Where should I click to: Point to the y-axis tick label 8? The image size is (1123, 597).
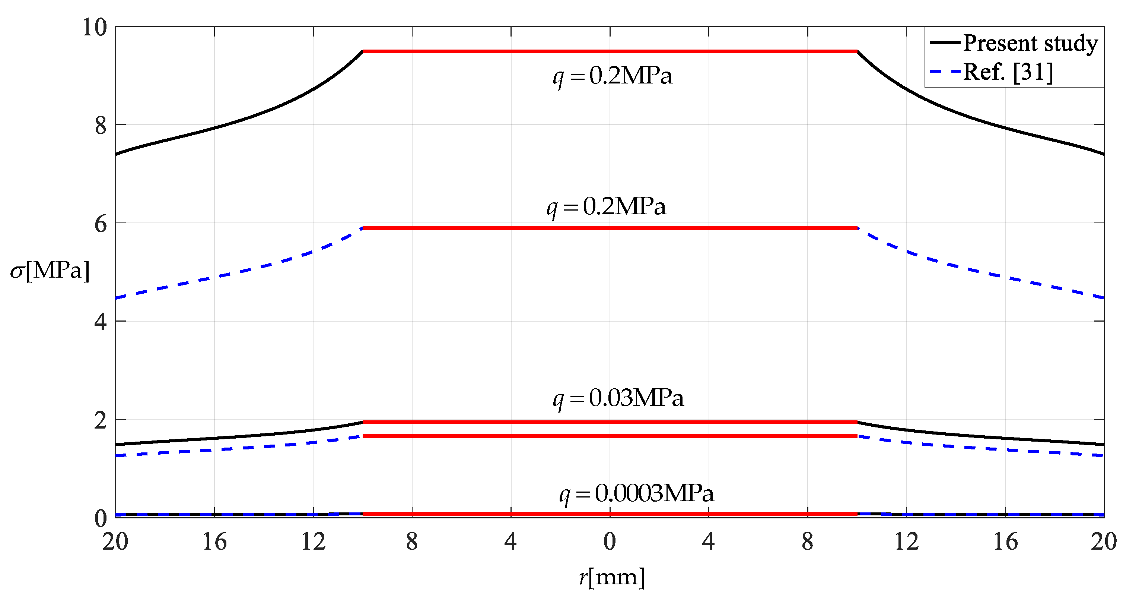pos(101,126)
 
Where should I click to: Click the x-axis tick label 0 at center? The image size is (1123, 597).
pos(610,541)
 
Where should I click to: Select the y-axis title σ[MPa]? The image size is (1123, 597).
pos(50,271)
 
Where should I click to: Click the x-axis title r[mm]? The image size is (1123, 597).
pos(612,577)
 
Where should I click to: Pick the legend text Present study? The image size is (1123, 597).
pos(1031,43)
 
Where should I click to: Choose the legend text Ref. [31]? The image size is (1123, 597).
pos(1008,72)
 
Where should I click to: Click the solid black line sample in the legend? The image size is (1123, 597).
pos(945,42)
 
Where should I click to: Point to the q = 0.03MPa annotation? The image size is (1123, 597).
pos(618,398)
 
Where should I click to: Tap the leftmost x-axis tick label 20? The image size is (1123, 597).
pos(115,541)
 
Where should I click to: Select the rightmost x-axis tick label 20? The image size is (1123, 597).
pos(1103,541)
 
